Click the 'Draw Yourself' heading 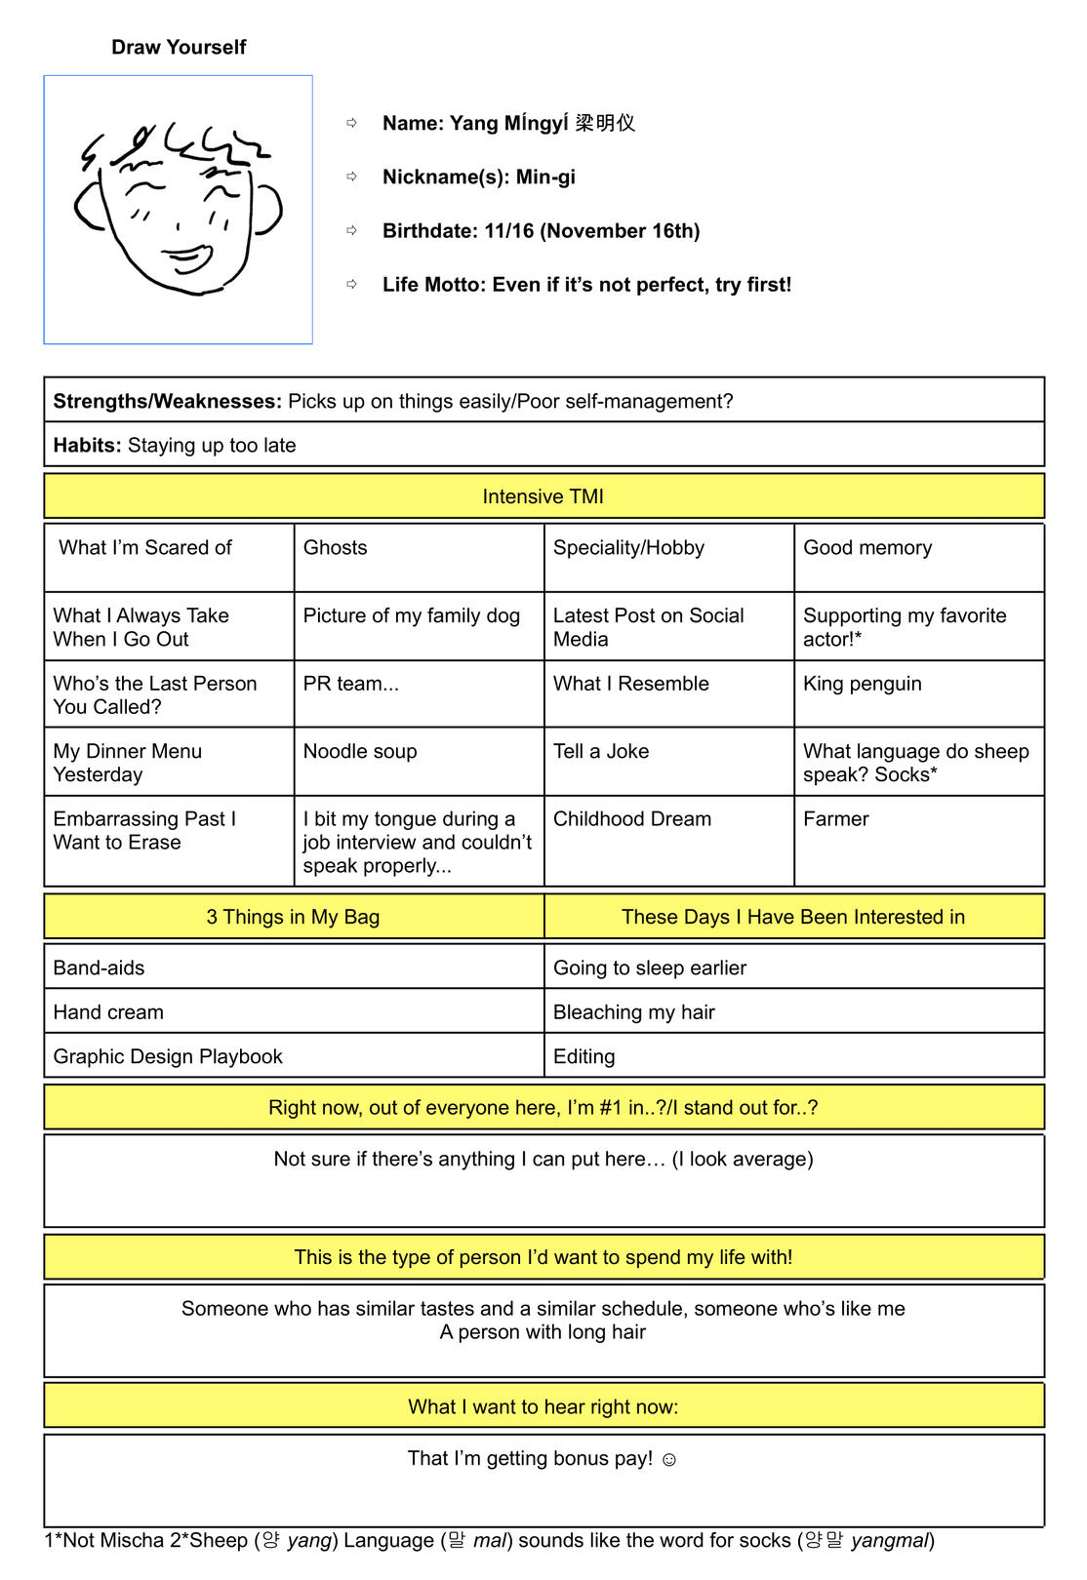179,47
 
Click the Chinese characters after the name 605,123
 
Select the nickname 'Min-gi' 545,177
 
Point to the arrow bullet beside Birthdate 352,230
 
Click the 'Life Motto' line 586,285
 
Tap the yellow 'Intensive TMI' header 543,496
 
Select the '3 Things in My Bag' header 293,917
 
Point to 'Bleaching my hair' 633,1012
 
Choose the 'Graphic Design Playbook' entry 168,1056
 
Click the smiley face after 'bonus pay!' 668,1460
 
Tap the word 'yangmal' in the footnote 889,1541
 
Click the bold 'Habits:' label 87,446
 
